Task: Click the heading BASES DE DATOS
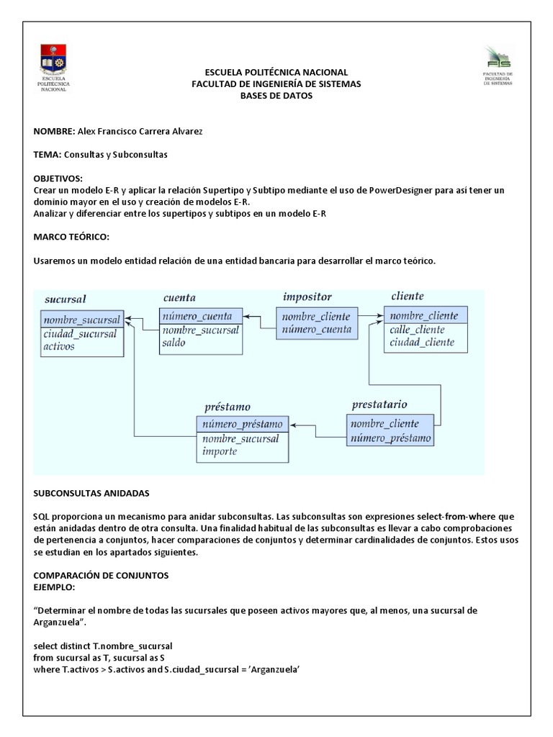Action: (276, 96)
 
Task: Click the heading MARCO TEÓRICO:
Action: (71, 237)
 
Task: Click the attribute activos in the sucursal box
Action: (58, 346)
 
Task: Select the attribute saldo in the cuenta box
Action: (174, 343)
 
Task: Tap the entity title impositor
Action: (307, 297)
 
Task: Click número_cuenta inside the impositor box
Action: (316, 330)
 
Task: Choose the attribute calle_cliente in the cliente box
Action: (417, 330)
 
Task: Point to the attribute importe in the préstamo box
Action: (219, 452)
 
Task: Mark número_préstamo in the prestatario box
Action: (391, 438)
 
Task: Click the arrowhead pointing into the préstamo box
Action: (294, 425)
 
